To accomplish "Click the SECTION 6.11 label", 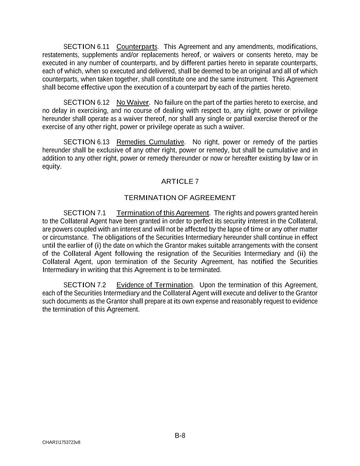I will (86, 46).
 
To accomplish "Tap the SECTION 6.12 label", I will (86, 102).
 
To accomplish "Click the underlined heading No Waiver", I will (133, 102).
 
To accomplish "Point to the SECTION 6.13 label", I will (86, 142).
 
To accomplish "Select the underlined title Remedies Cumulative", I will (150, 142).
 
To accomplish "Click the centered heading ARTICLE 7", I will (180, 181).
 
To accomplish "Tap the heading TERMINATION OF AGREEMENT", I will (180, 198).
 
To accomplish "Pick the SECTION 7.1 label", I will (85, 213).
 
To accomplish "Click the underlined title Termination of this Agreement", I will (162, 213).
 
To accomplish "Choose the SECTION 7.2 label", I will (85, 285).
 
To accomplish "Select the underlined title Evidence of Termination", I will (155, 285).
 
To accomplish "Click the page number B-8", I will (180, 435).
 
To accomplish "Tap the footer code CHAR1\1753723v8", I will (61, 442).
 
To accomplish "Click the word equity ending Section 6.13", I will (51, 167).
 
